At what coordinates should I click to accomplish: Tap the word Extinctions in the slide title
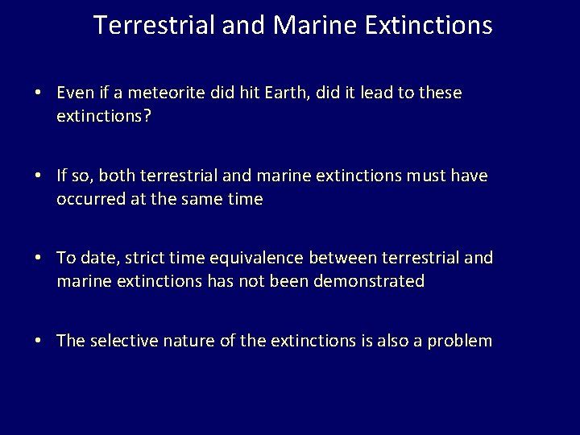coord(427,25)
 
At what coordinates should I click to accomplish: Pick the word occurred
coord(88,199)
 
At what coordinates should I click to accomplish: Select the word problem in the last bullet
coord(462,341)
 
